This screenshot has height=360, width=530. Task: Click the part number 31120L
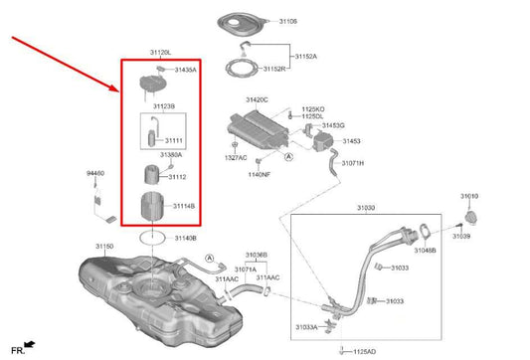coord(160,51)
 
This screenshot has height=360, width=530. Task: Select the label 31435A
coord(186,71)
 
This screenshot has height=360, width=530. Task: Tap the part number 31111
coord(174,140)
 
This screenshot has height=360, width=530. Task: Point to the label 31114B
coord(182,206)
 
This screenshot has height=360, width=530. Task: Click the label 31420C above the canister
coord(259,100)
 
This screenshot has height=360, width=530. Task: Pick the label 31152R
coord(276,70)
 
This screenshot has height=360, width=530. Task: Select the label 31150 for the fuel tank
coord(104,245)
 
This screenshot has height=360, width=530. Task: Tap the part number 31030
coord(367,209)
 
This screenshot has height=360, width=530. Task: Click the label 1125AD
coord(364,351)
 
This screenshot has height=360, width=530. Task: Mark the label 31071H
coord(353,162)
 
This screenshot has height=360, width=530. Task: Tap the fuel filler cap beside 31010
coord(470,218)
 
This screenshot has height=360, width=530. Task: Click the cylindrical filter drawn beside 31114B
coord(146,209)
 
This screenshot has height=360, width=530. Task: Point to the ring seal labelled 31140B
coord(150,238)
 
